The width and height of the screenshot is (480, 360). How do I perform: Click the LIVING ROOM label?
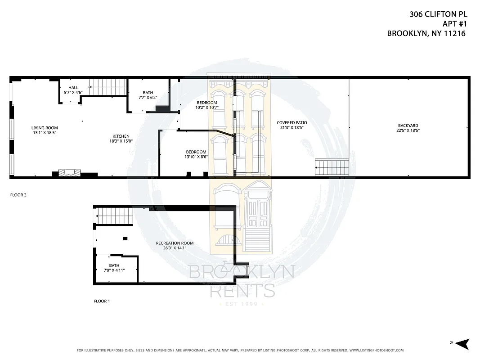pyautogui.click(x=44, y=128)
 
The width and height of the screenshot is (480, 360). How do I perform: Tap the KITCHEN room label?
pyautogui.click(x=121, y=136)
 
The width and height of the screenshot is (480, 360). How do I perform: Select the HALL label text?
pyautogui.click(x=73, y=87)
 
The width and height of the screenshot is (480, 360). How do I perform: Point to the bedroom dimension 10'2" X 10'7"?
pyautogui.click(x=206, y=108)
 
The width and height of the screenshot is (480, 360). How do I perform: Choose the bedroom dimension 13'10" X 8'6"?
pyautogui.click(x=196, y=157)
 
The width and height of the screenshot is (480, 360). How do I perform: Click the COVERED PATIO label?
pyautogui.click(x=290, y=122)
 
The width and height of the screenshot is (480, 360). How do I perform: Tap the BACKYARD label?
pyautogui.click(x=408, y=126)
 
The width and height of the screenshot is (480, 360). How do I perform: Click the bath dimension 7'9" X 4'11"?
pyautogui.click(x=114, y=270)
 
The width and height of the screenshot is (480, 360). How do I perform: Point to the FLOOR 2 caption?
pyautogui.click(x=19, y=195)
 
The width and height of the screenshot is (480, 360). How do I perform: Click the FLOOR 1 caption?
pyautogui.click(x=101, y=301)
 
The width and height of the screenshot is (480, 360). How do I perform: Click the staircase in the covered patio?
pyautogui.click(x=332, y=168)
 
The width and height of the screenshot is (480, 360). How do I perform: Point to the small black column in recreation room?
pyautogui.click(x=125, y=238)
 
